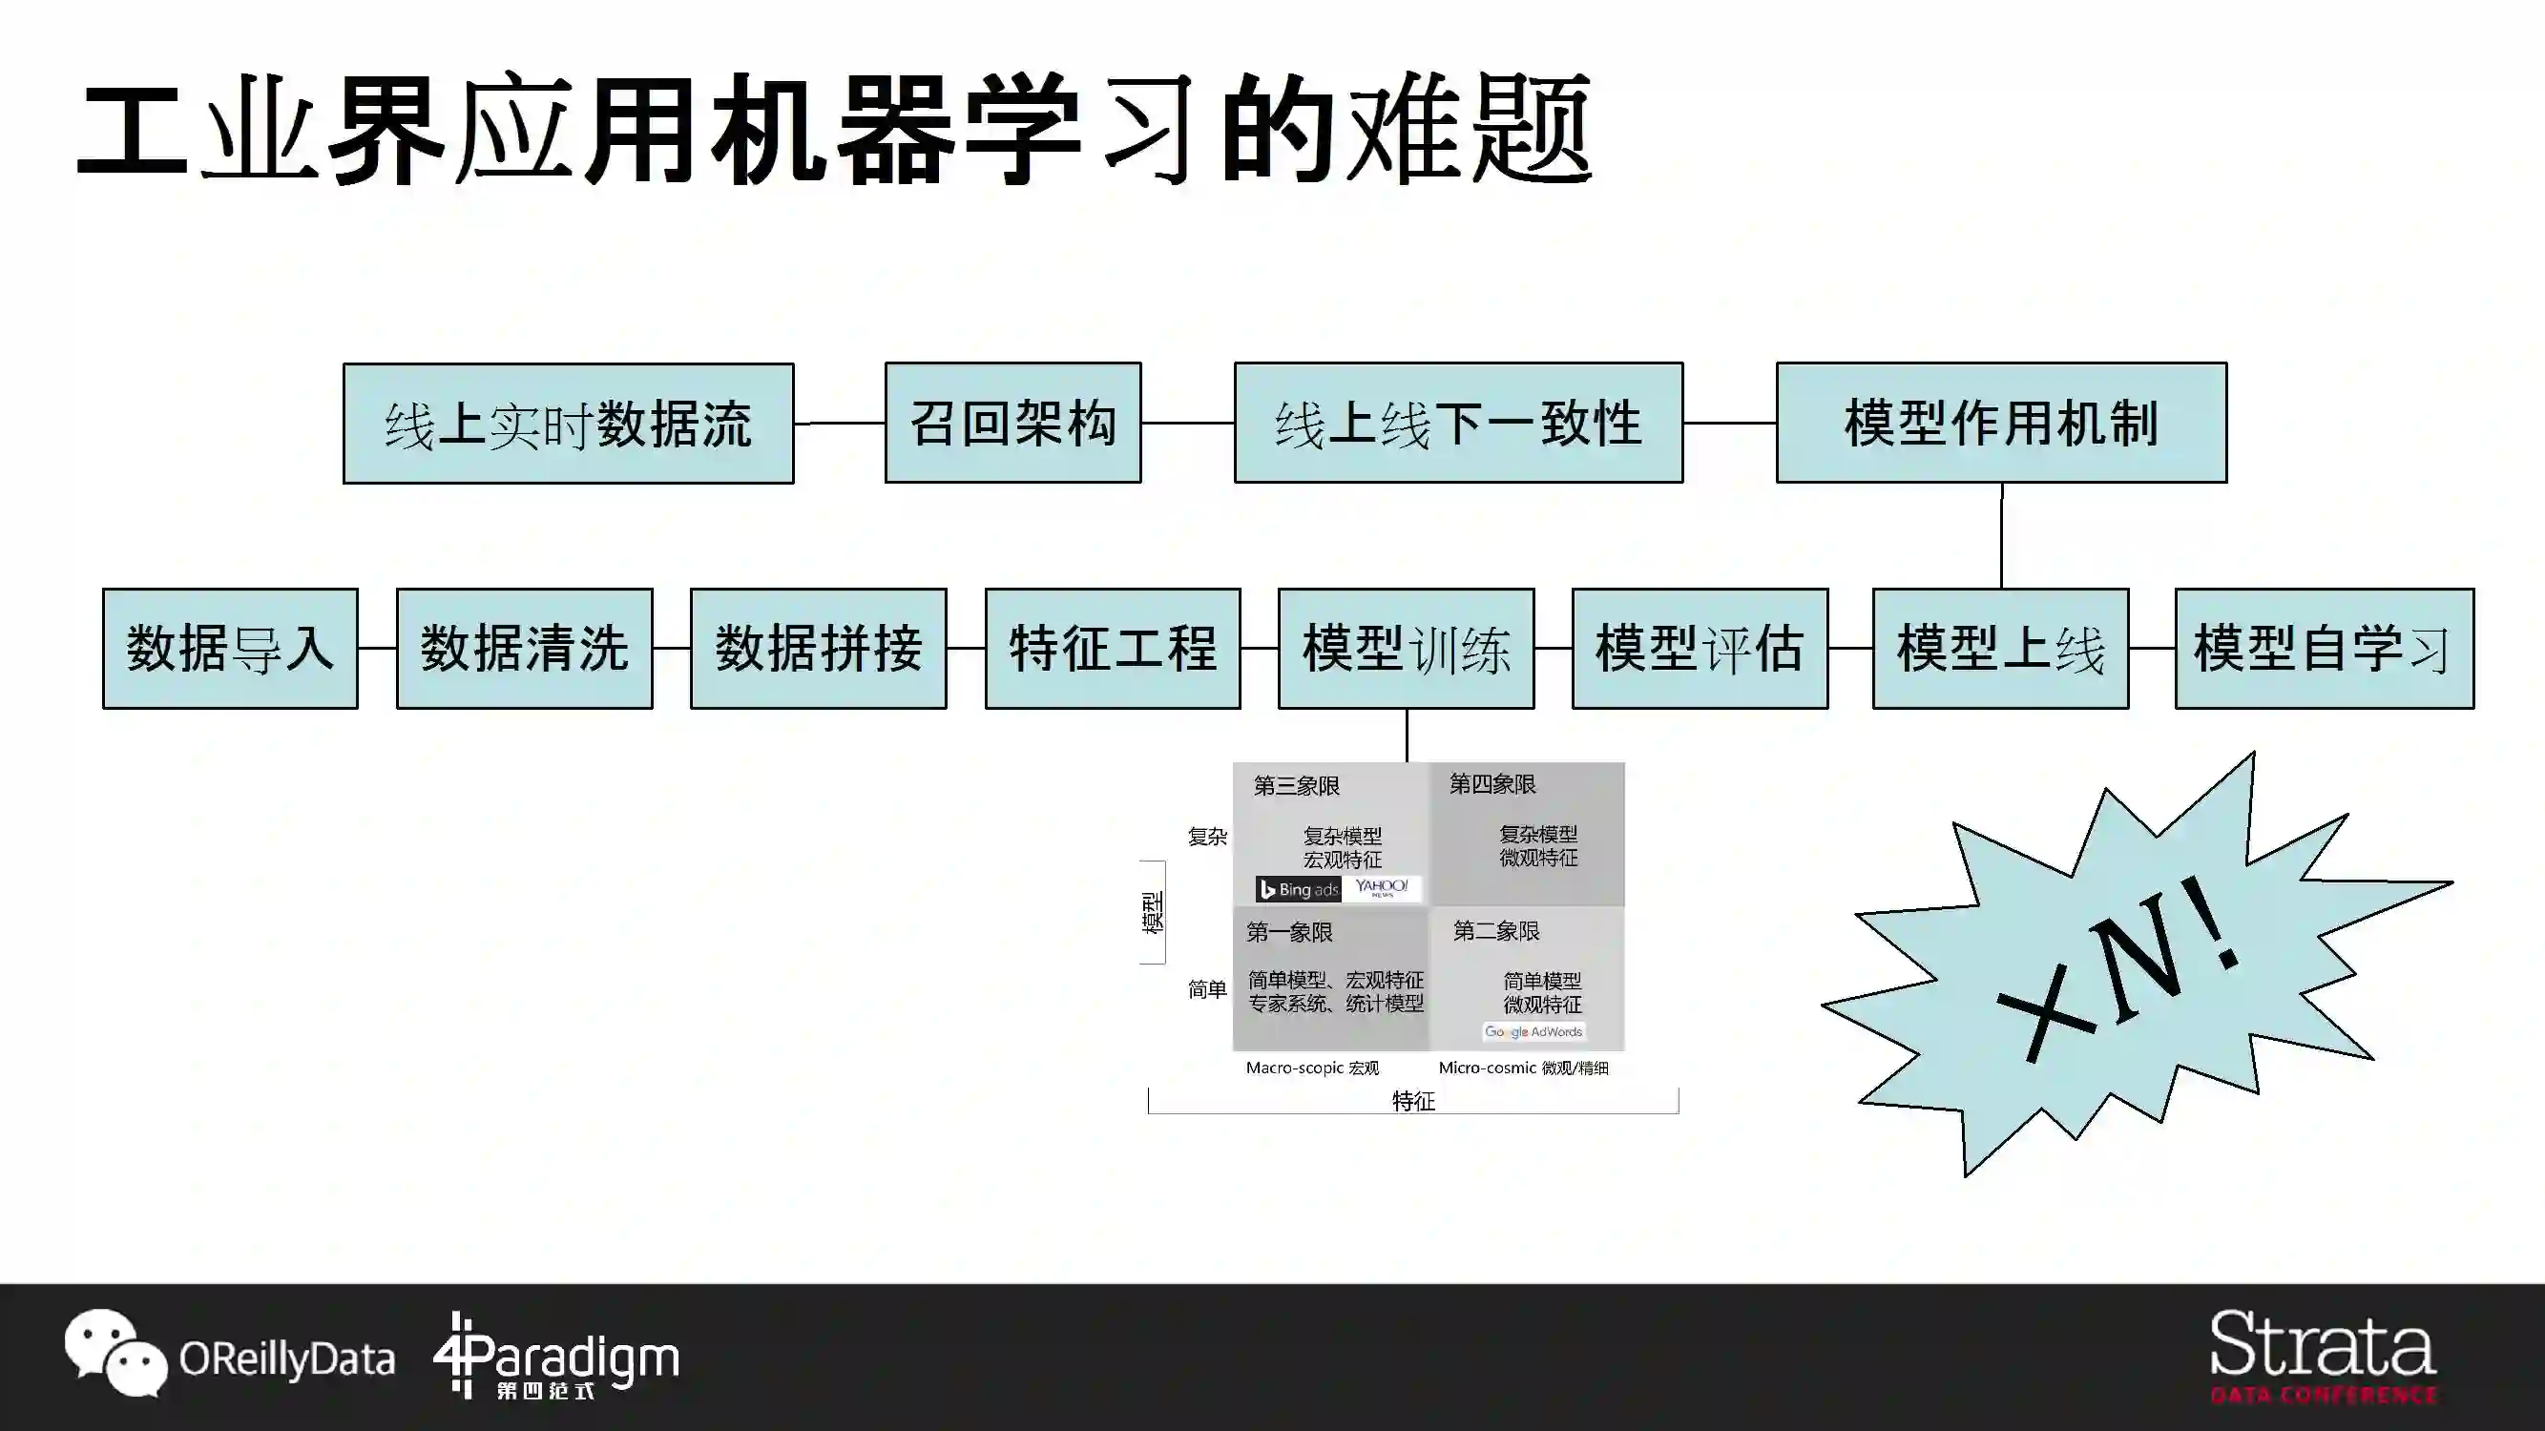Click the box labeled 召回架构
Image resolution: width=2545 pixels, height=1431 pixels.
click(x=1012, y=423)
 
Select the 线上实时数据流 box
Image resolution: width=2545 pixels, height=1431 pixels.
click(x=568, y=424)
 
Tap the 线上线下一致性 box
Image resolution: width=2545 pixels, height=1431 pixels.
click(x=1458, y=423)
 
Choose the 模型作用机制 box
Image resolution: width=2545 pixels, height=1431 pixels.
click(x=2001, y=423)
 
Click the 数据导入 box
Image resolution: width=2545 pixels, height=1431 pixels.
click(x=230, y=649)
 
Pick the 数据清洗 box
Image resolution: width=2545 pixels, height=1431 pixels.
click(x=525, y=649)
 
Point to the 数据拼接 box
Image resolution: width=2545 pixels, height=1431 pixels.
click(x=818, y=649)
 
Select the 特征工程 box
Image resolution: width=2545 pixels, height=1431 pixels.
click(x=1113, y=649)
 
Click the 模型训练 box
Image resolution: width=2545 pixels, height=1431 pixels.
click(x=1406, y=649)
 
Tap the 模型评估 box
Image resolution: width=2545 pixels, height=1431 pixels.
click(x=1700, y=649)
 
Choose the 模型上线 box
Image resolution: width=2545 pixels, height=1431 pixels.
click(x=2001, y=649)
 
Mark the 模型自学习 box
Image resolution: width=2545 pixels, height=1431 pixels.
click(x=2324, y=649)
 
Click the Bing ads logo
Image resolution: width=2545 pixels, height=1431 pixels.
click(x=1298, y=890)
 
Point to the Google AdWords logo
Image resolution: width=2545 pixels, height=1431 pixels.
click(x=1533, y=1032)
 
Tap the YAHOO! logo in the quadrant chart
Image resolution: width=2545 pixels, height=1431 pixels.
click(x=1381, y=888)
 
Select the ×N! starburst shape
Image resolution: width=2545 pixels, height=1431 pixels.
click(x=2134, y=967)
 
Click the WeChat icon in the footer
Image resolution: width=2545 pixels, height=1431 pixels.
click(x=115, y=1353)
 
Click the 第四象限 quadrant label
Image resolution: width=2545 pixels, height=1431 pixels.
click(x=1492, y=785)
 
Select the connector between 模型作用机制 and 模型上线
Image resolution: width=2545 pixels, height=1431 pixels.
click(x=2002, y=535)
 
